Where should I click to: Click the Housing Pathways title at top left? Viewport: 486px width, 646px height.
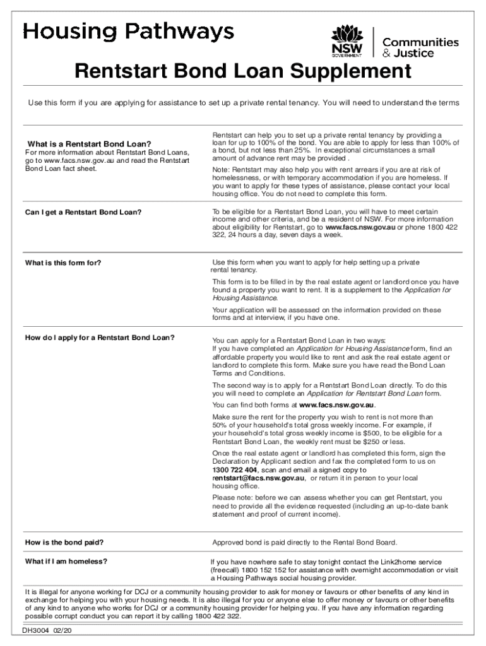(x=129, y=32)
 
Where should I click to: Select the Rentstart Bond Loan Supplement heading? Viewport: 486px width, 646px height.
(x=242, y=71)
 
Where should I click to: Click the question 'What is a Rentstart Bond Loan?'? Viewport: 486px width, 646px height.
(x=88, y=144)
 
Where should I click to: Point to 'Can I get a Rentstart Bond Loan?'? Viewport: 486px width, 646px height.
(x=83, y=212)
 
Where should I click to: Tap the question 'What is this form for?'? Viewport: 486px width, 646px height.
(x=63, y=262)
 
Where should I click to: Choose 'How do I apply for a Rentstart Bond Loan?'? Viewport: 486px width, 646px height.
(x=99, y=338)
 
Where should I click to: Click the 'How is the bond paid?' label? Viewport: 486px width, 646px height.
(x=64, y=543)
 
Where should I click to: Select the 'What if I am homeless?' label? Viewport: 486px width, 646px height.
(x=66, y=561)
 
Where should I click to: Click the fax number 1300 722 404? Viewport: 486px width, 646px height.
(x=235, y=471)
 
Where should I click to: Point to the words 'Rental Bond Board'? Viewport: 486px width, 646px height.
(x=365, y=543)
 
